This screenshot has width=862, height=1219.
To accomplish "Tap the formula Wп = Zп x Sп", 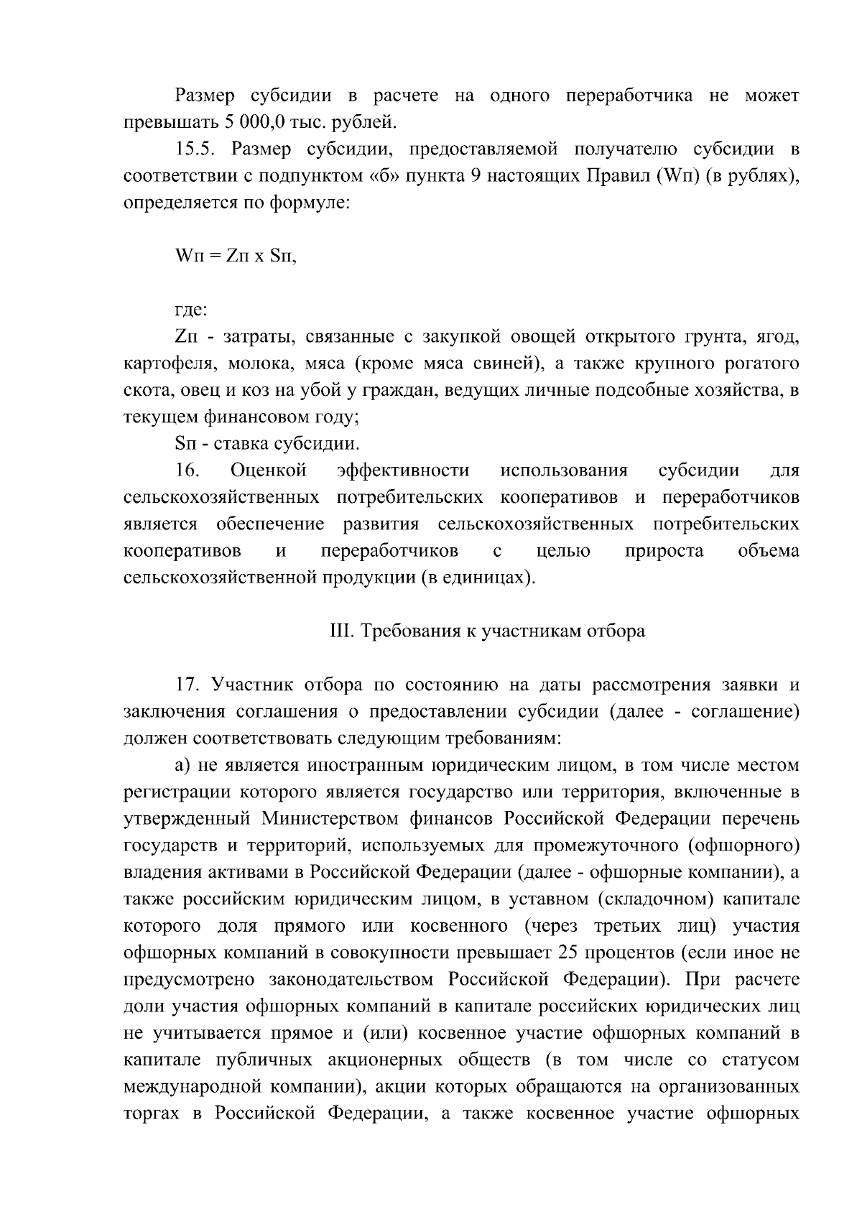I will pos(235,256).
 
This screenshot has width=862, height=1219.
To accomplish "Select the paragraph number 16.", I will pos(187,471).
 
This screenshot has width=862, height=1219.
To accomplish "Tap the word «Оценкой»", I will pos(269,471).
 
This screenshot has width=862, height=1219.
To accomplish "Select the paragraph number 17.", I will pos(187,685).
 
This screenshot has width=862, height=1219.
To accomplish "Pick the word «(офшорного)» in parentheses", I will pos(743,845).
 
